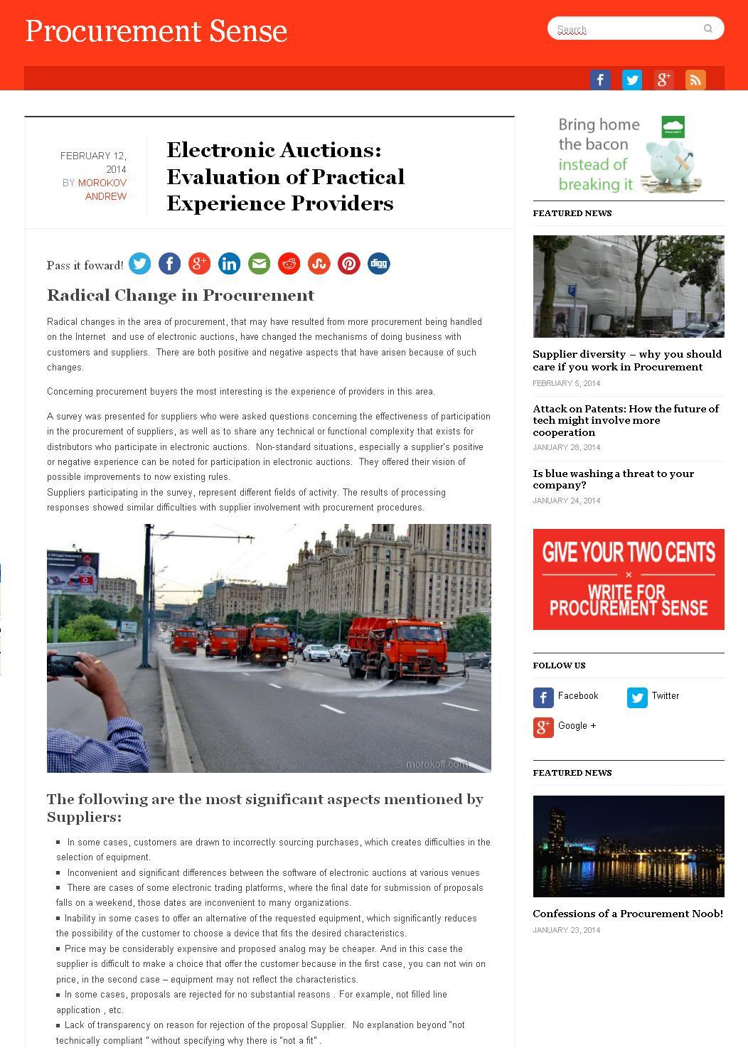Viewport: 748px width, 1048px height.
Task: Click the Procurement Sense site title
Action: [x=156, y=31]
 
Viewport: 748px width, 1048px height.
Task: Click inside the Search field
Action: [x=626, y=29]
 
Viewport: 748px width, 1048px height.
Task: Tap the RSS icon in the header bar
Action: [x=695, y=80]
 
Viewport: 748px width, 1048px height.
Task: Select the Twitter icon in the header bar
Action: [x=631, y=80]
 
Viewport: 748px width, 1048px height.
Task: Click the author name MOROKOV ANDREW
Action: [x=102, y=189]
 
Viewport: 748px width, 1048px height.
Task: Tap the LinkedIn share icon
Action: [x=229, y=264]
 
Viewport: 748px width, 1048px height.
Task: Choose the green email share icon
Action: [x=259, y=264]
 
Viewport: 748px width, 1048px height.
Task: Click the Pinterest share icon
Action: [x=348, y=264]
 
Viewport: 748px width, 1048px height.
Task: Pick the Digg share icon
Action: [x=378, y=264]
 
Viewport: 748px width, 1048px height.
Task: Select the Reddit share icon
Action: [x=289, y=264]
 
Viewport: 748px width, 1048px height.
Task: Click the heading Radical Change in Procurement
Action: [x=181, y=295]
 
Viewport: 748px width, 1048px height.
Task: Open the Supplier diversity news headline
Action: [x=627, y=360]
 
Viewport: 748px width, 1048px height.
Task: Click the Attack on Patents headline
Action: [x=626, y=420]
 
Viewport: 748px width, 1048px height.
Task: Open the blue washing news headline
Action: [x=613, y=478]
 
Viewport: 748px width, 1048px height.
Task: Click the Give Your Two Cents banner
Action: [x=629, y=579]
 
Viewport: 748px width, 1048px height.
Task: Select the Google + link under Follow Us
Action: [x=576, y=726]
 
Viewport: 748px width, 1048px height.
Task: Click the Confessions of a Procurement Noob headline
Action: [x=628, y=914]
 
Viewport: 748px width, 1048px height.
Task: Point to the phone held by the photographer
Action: [x=65, y=665]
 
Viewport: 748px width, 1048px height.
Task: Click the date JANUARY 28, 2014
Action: [x=567, y=447]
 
